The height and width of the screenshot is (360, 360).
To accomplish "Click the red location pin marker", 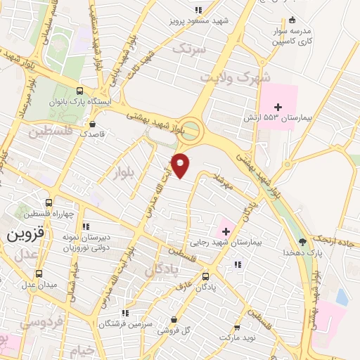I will pos(181,165).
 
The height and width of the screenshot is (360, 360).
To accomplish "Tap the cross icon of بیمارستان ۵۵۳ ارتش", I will pos(278,107).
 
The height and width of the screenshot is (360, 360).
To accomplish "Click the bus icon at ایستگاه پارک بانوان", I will pos(79,91).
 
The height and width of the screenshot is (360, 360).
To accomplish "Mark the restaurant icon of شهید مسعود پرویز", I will pos(198,11).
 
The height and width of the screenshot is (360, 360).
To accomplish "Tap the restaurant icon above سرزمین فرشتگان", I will pos(124,313).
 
